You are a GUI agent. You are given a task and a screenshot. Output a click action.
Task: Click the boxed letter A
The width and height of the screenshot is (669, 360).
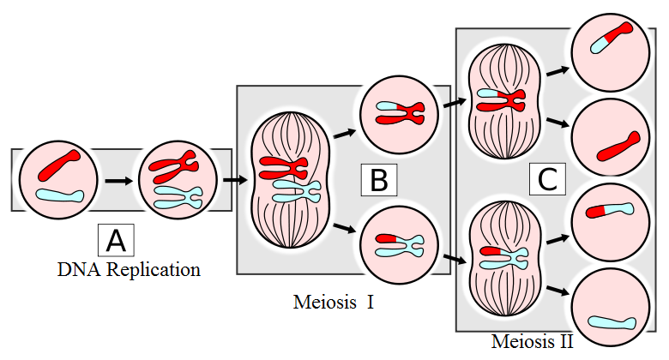[x=117, y=240]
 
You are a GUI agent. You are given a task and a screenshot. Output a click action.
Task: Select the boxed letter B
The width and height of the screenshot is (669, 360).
[x=379, y=181]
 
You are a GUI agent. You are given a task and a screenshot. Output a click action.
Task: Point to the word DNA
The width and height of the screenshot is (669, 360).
[x=77, y=270]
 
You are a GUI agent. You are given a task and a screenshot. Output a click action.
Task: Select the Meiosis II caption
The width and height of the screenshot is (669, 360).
[x=533, y=341]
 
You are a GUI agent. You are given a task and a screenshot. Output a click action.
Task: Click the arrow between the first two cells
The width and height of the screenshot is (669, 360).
[x=118, y=181]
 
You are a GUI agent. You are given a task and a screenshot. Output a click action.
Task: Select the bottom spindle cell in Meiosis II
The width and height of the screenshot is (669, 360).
[x=502, y=255]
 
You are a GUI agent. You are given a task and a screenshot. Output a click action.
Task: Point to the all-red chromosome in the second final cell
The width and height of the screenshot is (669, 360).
[x=618, y=145]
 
